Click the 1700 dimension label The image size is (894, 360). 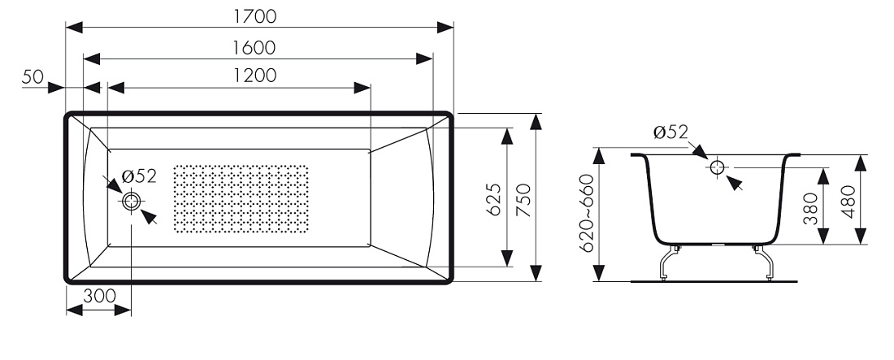(x=255, y=16)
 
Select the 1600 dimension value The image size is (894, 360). (x=254, y=48)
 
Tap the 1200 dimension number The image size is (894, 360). (x=255, y=76)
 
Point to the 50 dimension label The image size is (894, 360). (x=33, y=77)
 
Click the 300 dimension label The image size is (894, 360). (x=99, y=296)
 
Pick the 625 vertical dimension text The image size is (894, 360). (x=494, y=200)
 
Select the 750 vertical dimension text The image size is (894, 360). (x=523, y=200)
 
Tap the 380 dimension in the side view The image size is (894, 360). (x=811, y=208)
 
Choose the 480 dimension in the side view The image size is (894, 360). (x=847, y=202)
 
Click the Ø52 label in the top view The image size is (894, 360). (x=138, y=176)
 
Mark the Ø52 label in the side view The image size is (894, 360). (x=671, y=132)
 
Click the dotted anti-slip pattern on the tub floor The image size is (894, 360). (x=241, y=199)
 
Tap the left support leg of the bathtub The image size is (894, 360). (x=669, y=263)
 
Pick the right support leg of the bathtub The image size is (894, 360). (x=763, y=263)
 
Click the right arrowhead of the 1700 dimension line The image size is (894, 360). (x=445, y=28)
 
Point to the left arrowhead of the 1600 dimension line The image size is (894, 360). (x=92, y=59)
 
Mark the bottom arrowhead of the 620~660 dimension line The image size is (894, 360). (x=599, y=273)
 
